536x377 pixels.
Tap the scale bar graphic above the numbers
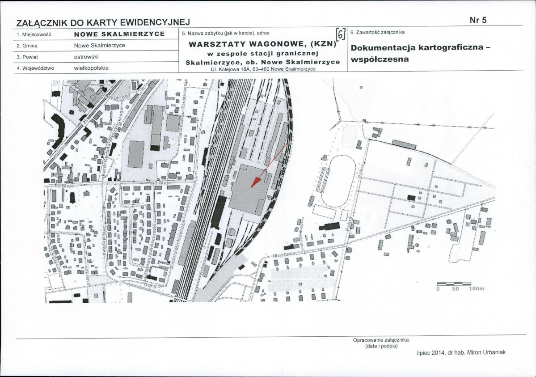454,284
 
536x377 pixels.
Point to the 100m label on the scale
477,289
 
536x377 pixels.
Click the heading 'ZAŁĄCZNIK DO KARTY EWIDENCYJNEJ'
103,22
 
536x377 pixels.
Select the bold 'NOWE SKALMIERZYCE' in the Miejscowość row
119,34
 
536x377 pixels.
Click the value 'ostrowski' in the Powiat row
86,57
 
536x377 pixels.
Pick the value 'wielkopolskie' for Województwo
91,68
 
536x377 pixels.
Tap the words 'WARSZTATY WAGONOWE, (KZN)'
262,44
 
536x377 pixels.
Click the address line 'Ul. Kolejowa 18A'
263,69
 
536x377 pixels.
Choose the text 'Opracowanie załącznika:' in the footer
381,340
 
